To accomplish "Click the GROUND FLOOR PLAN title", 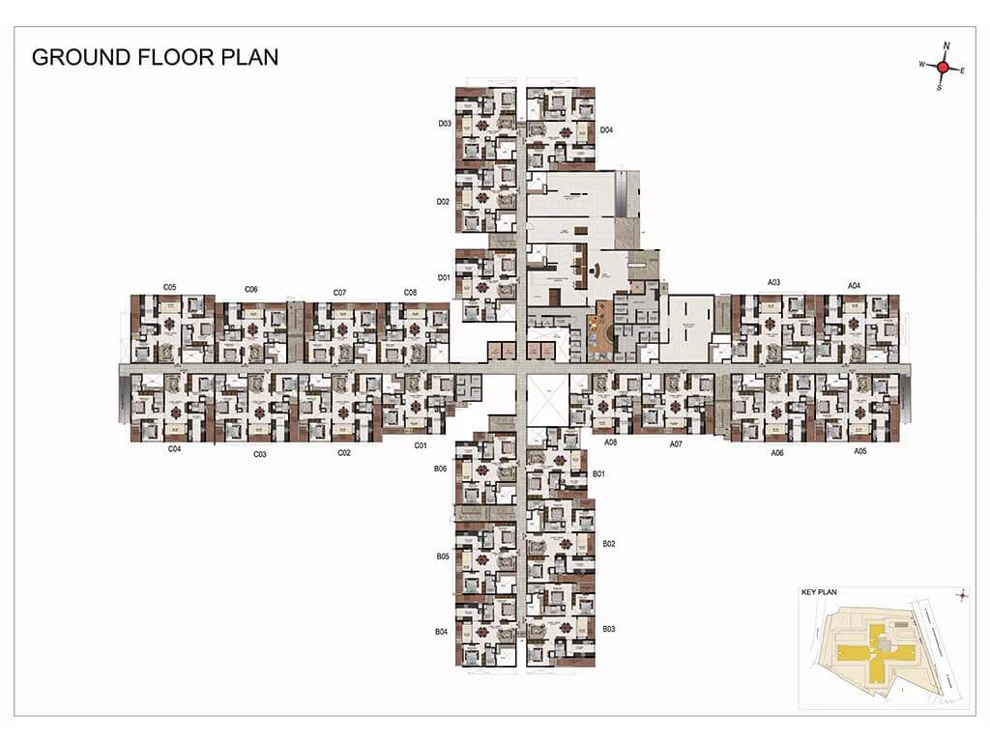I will pyautogui.click(x=155, y=57).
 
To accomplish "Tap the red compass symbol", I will pyautogui.click(x=944, y=67).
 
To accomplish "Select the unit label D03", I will pyautogui.click(x=445, y=124).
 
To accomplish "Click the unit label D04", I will pyautogui.click(x=607, y=129).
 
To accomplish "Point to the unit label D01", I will pyautogui.click(x=445, y=278).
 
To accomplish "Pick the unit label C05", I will pyautogui.click(x=169, y=287).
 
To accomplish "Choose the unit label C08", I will pyautogui.click(x=410, y=292).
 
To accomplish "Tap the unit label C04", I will pyautogui.click(x=175, y=448).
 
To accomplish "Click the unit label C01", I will pyautogui.click(x=421, y=445).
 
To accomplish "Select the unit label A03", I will pyautogui.click(x=773, y=282).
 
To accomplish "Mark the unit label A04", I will pyautogui.click(x=854, y=285).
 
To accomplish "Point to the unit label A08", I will pyautogui.click(x=611, y=442).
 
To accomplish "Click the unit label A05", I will pyautogui.click(x=859, y=450).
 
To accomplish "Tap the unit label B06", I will pyautogui.click(x=441, y=468).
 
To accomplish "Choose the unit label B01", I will pyautogui.click(x=598, y=473).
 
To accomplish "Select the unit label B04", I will pyautogui.click(x=441, y=631).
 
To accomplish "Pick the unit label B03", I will pyautogui.click(x=609, y=629).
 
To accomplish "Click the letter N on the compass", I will pyautogui.click(x=946, y=45).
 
